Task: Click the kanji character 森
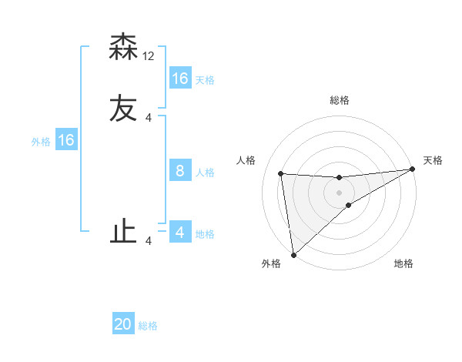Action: pyautogui.click(x=123, y=47)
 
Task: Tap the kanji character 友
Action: pyautogui.click(x=123, y=108)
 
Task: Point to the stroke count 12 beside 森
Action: pyautogui.click(x=149, y=56)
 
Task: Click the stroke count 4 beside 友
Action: pyautogui.click(x=149, y=117)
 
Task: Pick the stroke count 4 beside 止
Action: pyautogui.click(x=149, y=241)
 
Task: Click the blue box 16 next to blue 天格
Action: pyautogui.click(x=180, y=79)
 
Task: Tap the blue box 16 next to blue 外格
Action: pyautogui.click(x=66, y=140)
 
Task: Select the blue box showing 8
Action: pyautogui.click(x=180, y=171)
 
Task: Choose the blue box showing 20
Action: pyautogui.click(x=123, y=324)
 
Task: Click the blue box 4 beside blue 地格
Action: pyautogui.click(x=180, y=232)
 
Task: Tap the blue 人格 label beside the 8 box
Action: pyautogui.click(x=205, y=173)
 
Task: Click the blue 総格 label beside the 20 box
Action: pyautogui.click(x=148, y=326)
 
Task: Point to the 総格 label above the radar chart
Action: pyautogui.click(x=340, y=100)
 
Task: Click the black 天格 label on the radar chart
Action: pyautogui.click(x=433, y=160)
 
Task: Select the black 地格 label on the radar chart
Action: pyautogui.click(x=403, y=263)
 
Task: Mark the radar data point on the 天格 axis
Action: pyautogui.click(x=413, y=169)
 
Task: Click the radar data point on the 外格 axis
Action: pyautogui.click(x=293, y=255)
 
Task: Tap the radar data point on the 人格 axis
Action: pyautogui.click(x=281, y=173)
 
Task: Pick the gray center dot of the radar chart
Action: pyautogui.click(x=340, y=193)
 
